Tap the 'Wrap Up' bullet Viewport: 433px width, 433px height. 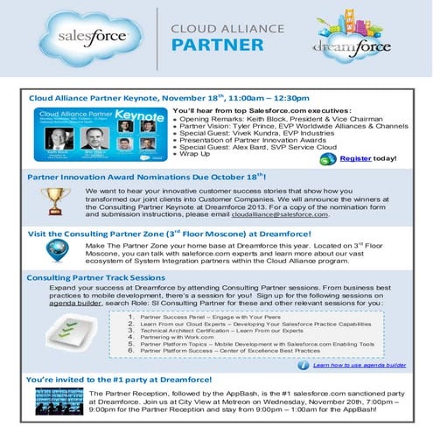point(198,154)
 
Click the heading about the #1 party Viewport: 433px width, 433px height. point(119,380)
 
